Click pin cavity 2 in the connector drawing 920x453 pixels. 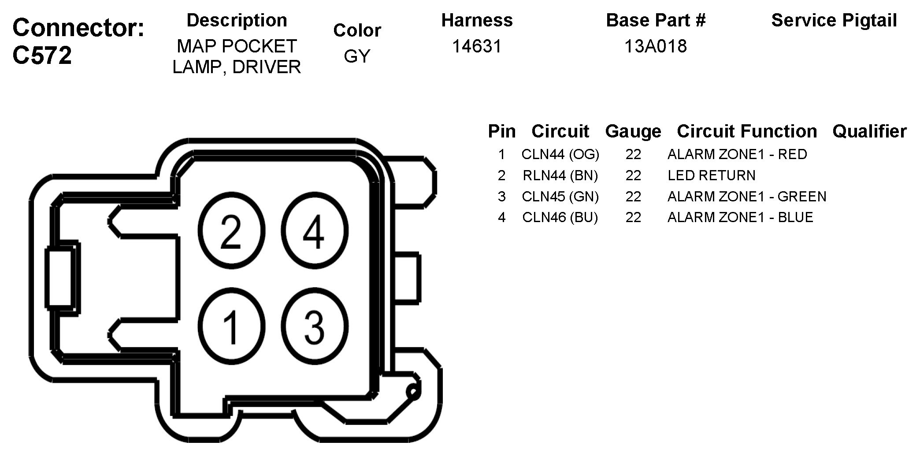click(x=231, y=231)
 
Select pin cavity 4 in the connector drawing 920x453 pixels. click(x=314, y=231)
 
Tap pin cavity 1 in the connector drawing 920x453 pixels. click(x=231, y=327)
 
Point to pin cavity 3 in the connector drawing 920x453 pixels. click(x=314, y=327)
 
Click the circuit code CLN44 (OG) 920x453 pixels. click(x=560, y=154)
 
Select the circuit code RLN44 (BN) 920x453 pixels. click(x=560, y=175)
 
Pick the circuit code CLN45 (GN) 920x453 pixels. click(x=560, y=196)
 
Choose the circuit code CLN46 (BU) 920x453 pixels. click(x=560, y=217)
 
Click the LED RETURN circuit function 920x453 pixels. click(x=711, y=175)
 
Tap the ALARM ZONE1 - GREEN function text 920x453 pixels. click(x=747, y=196)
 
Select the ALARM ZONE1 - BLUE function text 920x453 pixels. click(x=740, y=217)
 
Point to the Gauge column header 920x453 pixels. click(x=633, y=131)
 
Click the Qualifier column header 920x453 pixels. click(x=869, y=131)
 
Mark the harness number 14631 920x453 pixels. click(x=477, y=46)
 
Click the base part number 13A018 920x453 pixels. click(x=656, y=46)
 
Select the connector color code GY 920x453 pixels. click(x=357, y=56)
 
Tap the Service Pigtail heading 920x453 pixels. click(x=834, y=20)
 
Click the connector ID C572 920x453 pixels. click(x=42, y=56)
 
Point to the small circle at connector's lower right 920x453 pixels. click(x=413, y=391)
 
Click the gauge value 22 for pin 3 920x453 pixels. click(x=633, y=196)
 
